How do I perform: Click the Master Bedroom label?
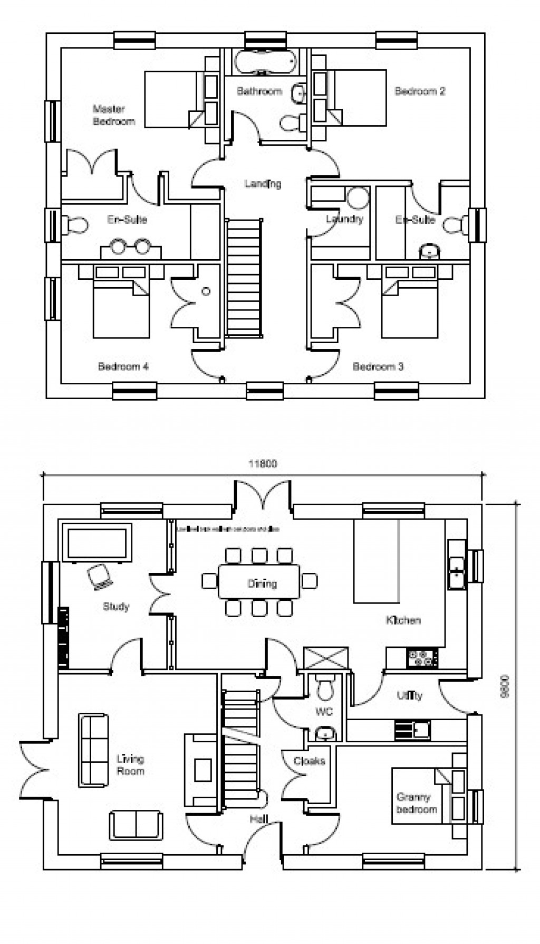[113, 115]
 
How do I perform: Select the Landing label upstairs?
[263, 184]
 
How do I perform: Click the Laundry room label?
[344, 219]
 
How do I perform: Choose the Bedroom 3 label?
[378, 366]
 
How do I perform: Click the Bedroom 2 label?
[420, 91]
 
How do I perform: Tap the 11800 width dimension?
[263, 464]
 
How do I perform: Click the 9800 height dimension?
[505, 686]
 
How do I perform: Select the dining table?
[259, 582]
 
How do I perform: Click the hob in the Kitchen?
[422, 658]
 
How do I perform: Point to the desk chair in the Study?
[100, 576]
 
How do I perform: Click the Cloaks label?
[309, 761]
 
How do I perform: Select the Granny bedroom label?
[417, 803]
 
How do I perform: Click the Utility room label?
[410, 695]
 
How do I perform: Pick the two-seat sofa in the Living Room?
[136, 825]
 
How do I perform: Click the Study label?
[115, 606]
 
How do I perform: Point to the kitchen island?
[376, 561]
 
